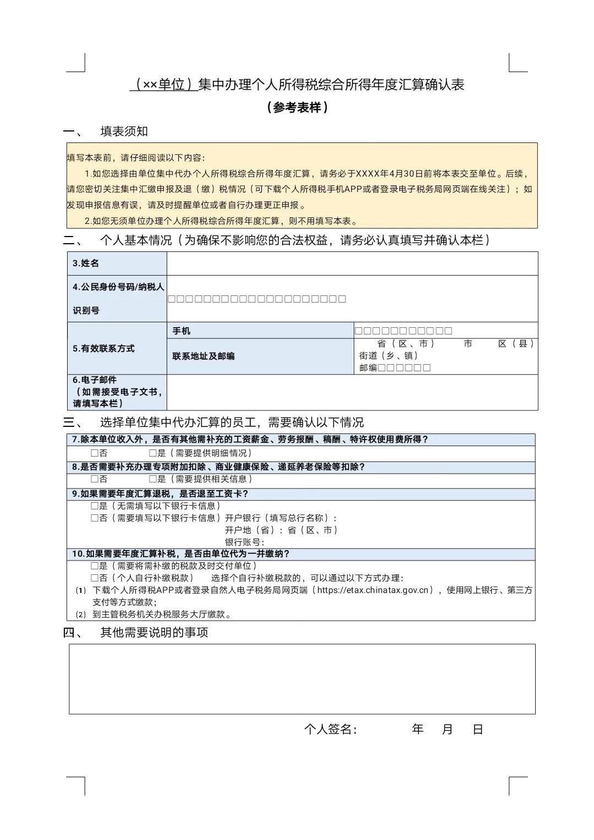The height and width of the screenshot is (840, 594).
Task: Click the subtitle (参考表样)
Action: point(297,107)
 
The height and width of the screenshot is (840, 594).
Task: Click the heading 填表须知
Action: point(124,131)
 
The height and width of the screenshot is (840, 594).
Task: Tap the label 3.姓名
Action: point(86,263)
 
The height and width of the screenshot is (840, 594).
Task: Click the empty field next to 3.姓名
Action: point(352,263)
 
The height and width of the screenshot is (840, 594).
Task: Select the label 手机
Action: point(182,331)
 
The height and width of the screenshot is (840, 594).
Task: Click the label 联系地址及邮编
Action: point(204,356)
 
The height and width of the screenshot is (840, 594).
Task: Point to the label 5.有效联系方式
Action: point(103,349)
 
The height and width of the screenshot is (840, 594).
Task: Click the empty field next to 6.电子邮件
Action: point(352,392)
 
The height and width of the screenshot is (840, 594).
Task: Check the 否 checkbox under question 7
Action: point(95,453)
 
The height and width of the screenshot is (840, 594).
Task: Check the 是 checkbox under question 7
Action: point(153,453)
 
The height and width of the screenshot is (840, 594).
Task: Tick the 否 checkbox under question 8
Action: point(95,479)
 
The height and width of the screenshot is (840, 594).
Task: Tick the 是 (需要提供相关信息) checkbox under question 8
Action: point(153,479)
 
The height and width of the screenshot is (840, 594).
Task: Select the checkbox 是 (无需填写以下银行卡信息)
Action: point(95,506)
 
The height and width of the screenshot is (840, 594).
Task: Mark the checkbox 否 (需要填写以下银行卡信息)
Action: point(95,518)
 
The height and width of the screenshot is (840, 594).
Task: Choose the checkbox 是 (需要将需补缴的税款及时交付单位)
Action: point(95,566)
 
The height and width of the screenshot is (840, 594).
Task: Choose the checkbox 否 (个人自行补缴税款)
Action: point(95,578)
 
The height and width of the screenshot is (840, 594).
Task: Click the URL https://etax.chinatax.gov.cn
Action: point(372,590)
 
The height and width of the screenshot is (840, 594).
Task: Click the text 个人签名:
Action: point(331,729)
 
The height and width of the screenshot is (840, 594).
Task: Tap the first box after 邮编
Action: point(382,367)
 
